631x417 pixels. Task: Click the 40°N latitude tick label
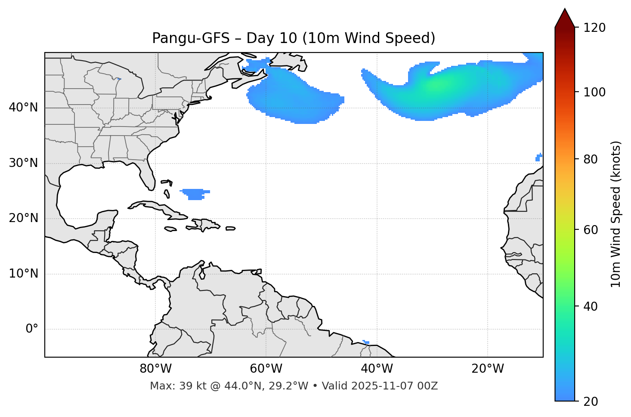pyautogui.click(x=24, y=108)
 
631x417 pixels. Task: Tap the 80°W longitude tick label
pyautogui.click(x=155, y=369)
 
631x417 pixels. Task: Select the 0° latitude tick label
pyautogui.click(x=32, y=329)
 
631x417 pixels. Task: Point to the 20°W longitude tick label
pyautogui.click(x=488, y=369)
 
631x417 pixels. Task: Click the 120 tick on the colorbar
pyautogui.click(x=594, y=28)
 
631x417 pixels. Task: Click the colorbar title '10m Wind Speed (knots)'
pyautogui.click(x=616, y=214)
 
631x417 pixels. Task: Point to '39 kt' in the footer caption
pyautogui.click(x=188, y=386)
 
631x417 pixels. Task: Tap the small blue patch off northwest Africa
pyautogui.click(x=538, y=158)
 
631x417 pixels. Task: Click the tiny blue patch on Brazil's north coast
pyautogui.click(x=366, y=342)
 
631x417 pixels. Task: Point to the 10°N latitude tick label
pyautogui.click(x=24, y=274)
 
